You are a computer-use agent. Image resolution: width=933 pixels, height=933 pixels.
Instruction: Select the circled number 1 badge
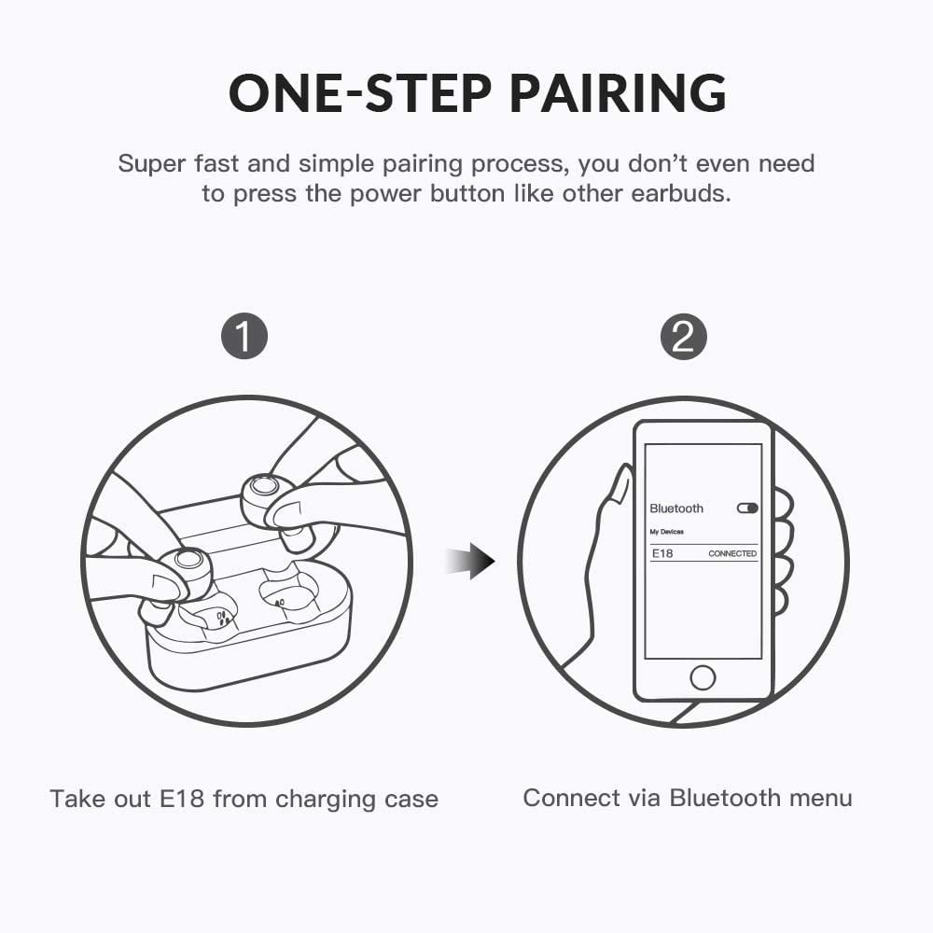pos(244,336)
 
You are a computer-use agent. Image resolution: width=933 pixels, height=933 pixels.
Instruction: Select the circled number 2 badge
pos(684,336)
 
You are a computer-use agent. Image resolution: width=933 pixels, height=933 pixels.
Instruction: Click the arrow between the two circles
pos(470,561)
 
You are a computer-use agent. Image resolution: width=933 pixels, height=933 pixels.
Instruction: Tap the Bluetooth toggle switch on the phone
pos(747,508)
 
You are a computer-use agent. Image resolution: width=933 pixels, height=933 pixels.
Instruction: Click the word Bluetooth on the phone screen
pos(676,508)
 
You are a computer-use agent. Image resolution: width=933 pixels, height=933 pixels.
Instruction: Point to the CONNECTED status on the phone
pos(732,553)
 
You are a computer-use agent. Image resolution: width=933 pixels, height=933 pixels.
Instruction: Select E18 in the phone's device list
pos(662,553)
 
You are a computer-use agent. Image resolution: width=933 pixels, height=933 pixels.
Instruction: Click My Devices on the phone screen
pos(666,532)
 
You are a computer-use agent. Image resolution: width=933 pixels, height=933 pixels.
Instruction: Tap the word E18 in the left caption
pos(182,799)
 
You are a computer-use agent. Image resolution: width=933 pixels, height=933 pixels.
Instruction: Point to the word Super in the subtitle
pos(152,164)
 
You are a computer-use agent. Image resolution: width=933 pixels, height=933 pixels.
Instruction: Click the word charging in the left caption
pos(326,800)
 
